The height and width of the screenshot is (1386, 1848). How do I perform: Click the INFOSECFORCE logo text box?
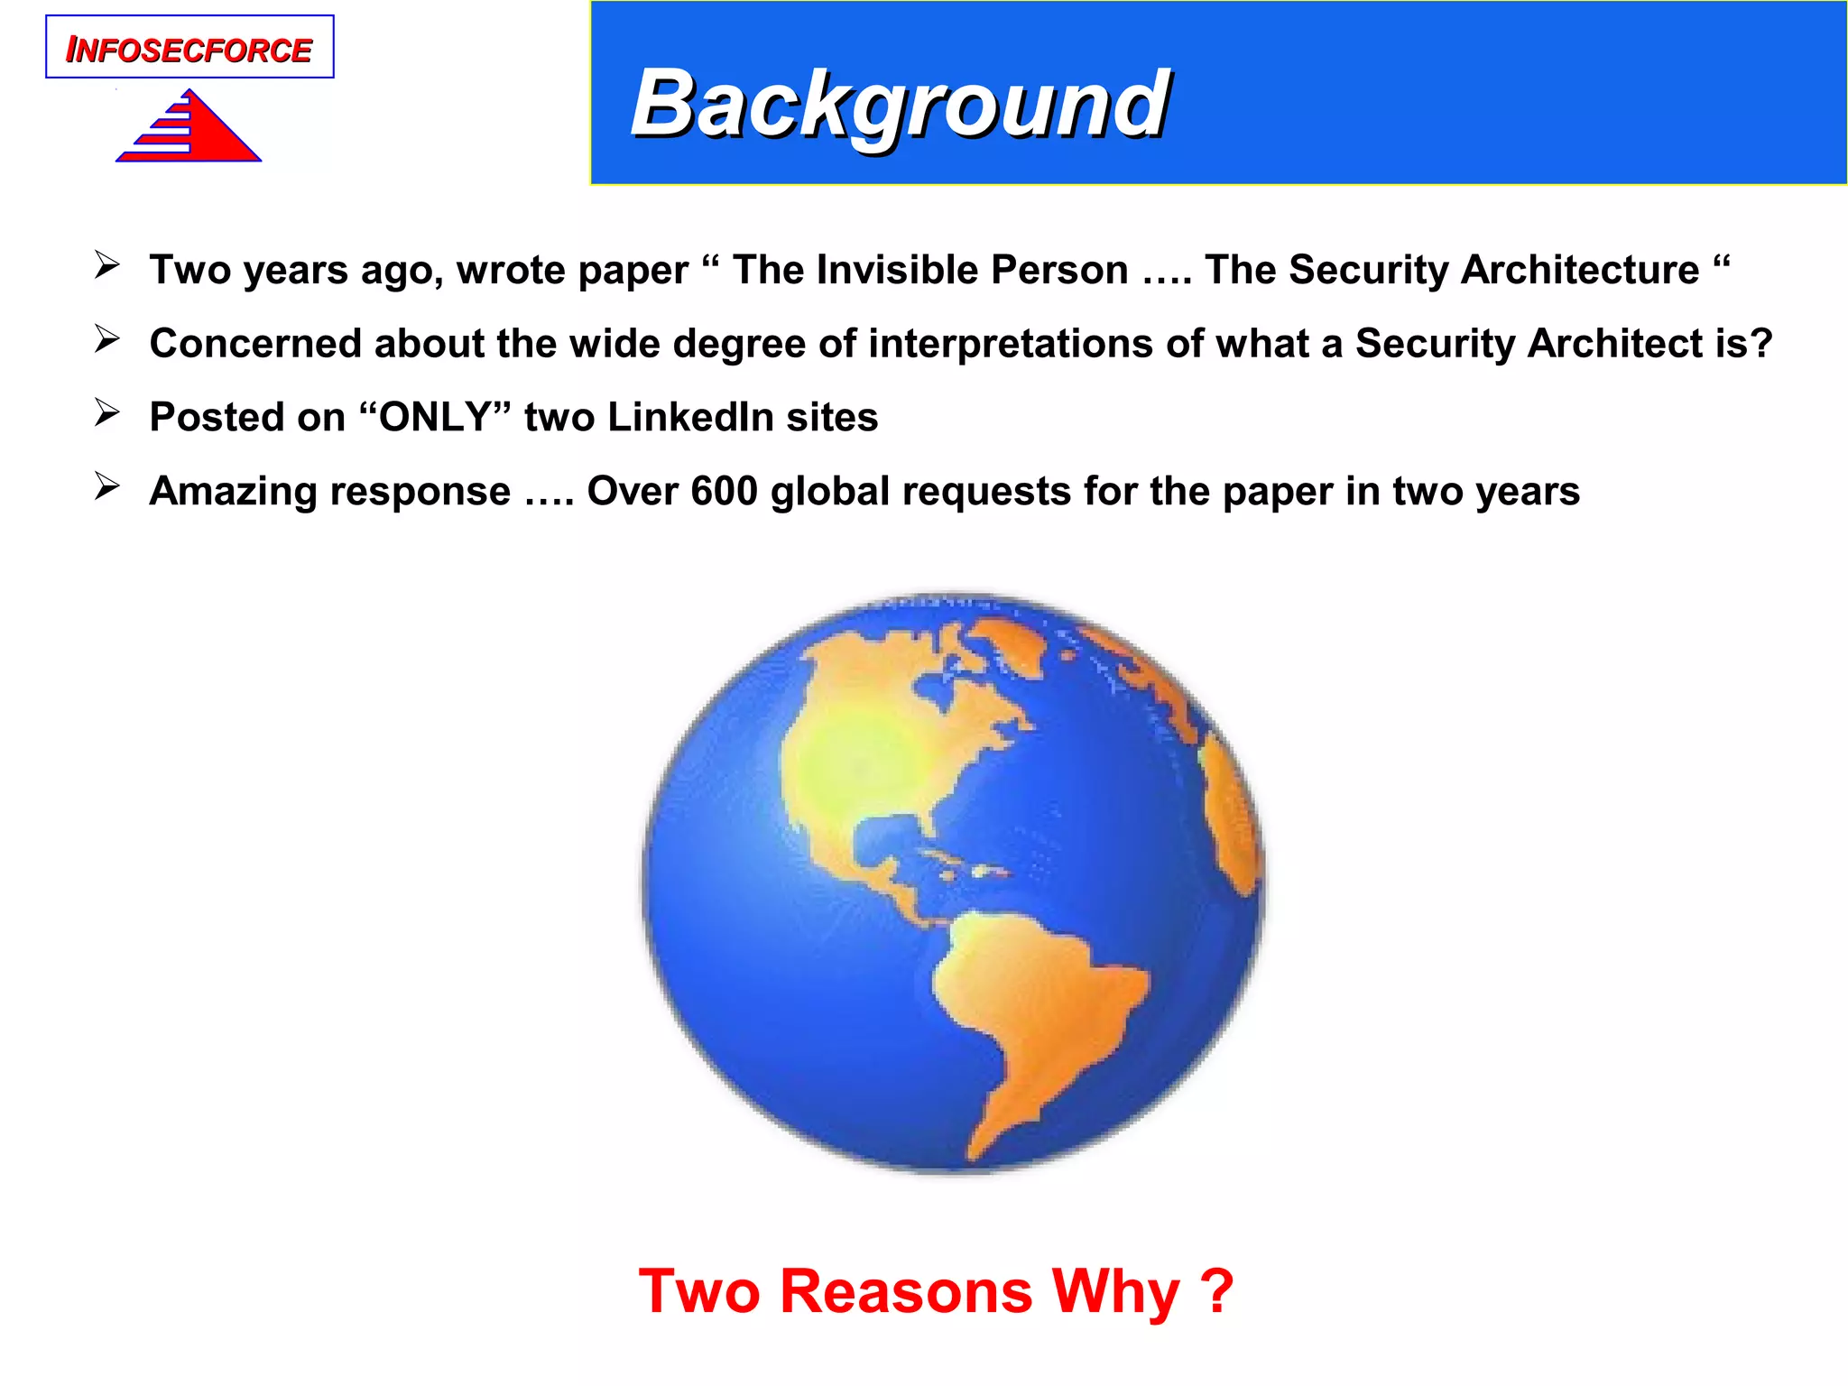click(189, 48)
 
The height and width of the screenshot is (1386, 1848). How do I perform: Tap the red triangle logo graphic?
click(194, 131)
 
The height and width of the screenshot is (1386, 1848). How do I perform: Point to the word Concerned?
click(255, 344)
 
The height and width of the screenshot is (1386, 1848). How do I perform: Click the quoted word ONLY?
click(435, 418)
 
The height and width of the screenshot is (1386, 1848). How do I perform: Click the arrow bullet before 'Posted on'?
click(107, 413)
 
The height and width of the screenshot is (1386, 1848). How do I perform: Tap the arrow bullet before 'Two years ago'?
click(107, 266)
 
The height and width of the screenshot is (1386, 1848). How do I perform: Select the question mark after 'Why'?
click(1217, 1291)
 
